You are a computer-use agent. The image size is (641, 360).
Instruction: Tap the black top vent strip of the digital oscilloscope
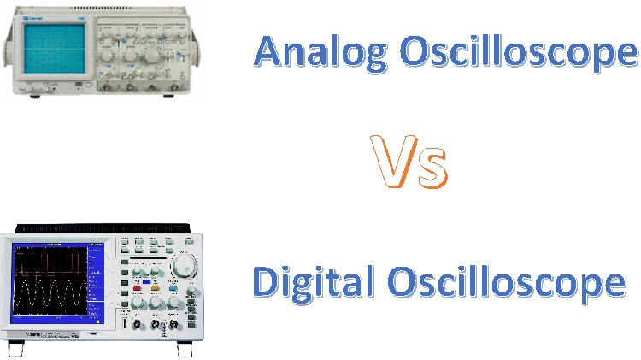tap(103, 228)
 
